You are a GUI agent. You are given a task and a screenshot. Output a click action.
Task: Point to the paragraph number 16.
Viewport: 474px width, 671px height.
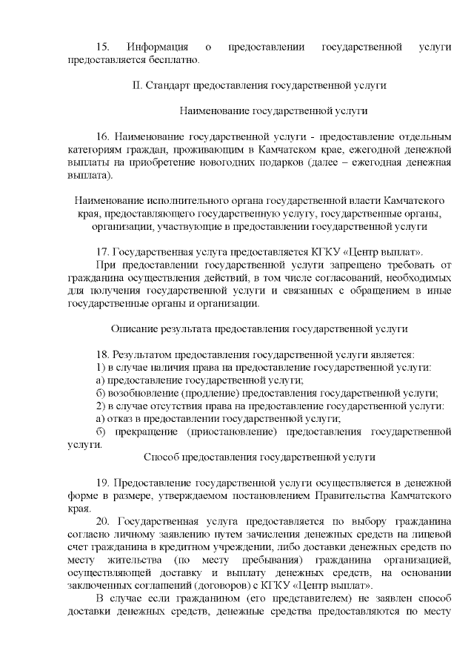pos(103,137)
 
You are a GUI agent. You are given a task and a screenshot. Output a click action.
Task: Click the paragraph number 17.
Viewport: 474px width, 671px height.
pos(103,252)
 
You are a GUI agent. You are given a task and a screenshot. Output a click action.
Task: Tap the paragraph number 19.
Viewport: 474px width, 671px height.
pos(103,483)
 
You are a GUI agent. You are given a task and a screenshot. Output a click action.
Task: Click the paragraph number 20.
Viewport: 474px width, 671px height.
pos(103,521)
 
